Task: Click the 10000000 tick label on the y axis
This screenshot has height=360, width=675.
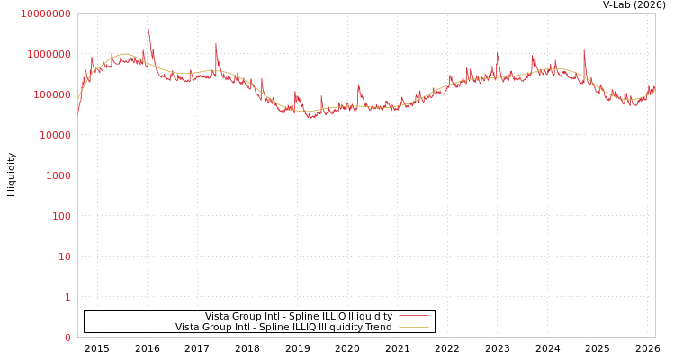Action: click(x=46, y=13)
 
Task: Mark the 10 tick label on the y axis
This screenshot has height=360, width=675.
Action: click(x=65, y=256)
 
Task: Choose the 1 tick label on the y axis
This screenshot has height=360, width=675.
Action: click(x=67, y=297)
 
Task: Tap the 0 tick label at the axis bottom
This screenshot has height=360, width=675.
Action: click(x=67, y=337)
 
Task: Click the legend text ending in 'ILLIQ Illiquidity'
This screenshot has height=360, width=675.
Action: click(x=298, y=316)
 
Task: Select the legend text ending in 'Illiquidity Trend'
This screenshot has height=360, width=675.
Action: click(x=283, y=327)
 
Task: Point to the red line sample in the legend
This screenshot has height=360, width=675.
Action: click(x=413, y=316)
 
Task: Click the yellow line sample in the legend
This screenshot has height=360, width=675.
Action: click(x=413, y=327)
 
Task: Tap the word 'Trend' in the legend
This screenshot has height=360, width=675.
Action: click(x=378, y=327)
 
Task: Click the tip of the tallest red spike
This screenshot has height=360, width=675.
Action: click(x=148, y=25)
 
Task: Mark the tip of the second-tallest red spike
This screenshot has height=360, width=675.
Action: click(x=216, y=42)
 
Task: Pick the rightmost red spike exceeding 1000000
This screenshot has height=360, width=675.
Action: click(x=584, y=50)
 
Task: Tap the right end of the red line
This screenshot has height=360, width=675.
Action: click(x=654, y=87)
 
